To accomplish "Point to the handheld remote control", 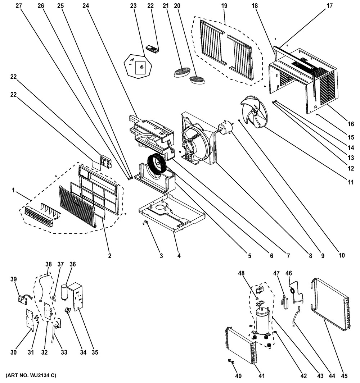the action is point(152,48).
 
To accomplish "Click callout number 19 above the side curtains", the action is point(224,6).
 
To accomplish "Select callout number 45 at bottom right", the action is point(344,376).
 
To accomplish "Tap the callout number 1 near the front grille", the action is point(14,190).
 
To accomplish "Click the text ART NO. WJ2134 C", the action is point(31,375).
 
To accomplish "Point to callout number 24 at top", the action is point(86,6).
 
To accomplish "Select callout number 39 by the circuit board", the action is point(14,279).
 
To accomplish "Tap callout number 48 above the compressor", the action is point(242,273).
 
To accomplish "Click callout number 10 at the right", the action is point(341,255).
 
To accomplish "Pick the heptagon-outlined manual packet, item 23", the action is point(138,66).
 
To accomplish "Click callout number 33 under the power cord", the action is point(64,352).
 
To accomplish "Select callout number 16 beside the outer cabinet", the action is point(351,124).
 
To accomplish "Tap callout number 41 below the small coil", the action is point(262,376).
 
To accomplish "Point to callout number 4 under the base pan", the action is point(179,256).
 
